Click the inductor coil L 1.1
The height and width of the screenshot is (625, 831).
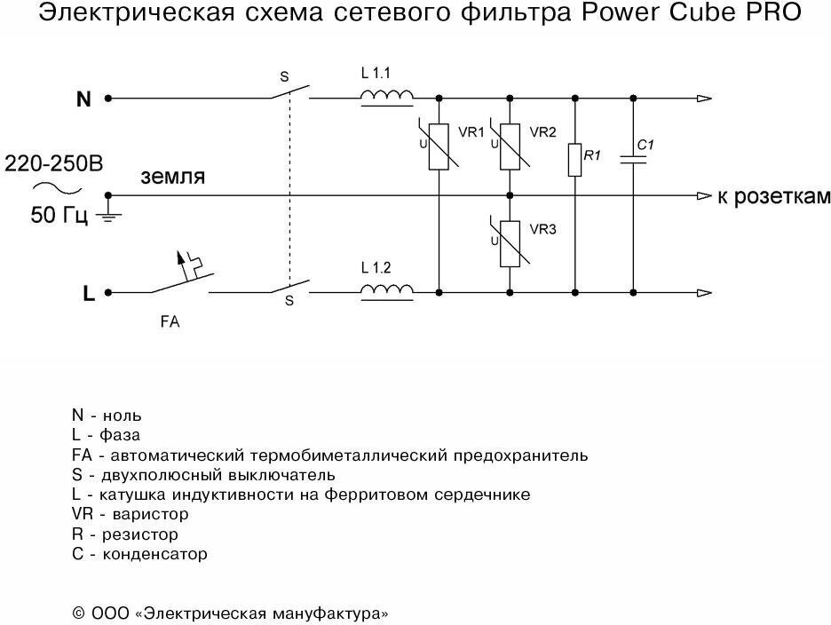pos(387,97)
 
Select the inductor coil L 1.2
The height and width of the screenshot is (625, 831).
pos(387,289)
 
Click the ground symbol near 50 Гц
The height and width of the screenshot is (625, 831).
pos(107,215)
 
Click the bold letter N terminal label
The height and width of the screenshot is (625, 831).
pos(83,99)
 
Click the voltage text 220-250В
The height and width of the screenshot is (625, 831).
pos(54,164)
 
